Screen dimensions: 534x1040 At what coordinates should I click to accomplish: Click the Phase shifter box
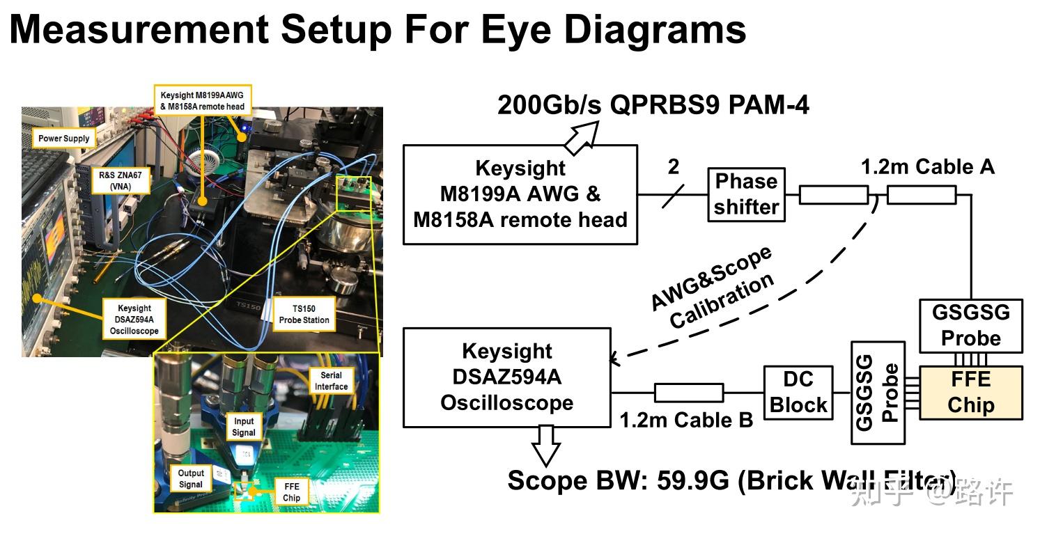pyautogui.click(x=746, y=194)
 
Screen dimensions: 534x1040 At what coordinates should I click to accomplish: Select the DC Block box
pyautogui.click(x=798, y=392)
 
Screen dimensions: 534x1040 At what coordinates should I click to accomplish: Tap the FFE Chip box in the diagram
pyautogui.click(x=970, y=393)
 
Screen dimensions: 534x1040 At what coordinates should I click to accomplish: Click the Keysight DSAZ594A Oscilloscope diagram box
pyautogui.click(x=506, y=377)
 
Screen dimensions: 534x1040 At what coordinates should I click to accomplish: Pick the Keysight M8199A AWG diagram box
pyautogui.click(x=520, y=194)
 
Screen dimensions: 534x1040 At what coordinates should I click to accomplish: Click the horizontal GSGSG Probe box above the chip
pyautogui.click(x=970, y=325)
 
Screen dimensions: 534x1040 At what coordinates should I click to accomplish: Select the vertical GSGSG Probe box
pyautogui.click(x=877, y=392)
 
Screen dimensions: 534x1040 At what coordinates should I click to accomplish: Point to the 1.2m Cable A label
pyautogui.click(x=927, y=167)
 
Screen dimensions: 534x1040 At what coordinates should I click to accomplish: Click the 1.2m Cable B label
pyautogui.click(x=686, y=421)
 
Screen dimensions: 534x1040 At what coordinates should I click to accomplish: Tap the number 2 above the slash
pyautogui.click(x=673, y=167)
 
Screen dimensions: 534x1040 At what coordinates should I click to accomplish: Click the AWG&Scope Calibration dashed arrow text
pyautogui.click(x=712, y=288)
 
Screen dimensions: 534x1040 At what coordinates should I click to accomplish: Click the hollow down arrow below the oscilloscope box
pyautogui.click(x=545, y=445)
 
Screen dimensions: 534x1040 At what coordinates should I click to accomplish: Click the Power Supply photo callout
pyautogui.click(x=63, y=138)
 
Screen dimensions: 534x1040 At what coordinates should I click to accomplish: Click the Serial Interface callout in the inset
pyautogui.click(x=331, y=381)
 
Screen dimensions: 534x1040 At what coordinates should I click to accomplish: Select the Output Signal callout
pyautogui.click(x=190, y=478)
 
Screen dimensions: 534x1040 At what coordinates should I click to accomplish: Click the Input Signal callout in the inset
pyautogui.click(x=244, y=426)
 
